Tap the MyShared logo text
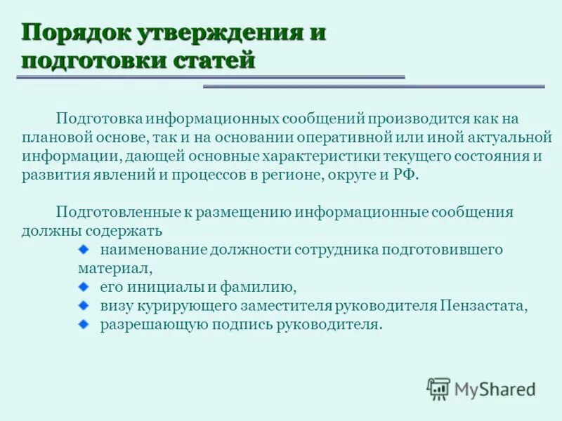tap(494, 388)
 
